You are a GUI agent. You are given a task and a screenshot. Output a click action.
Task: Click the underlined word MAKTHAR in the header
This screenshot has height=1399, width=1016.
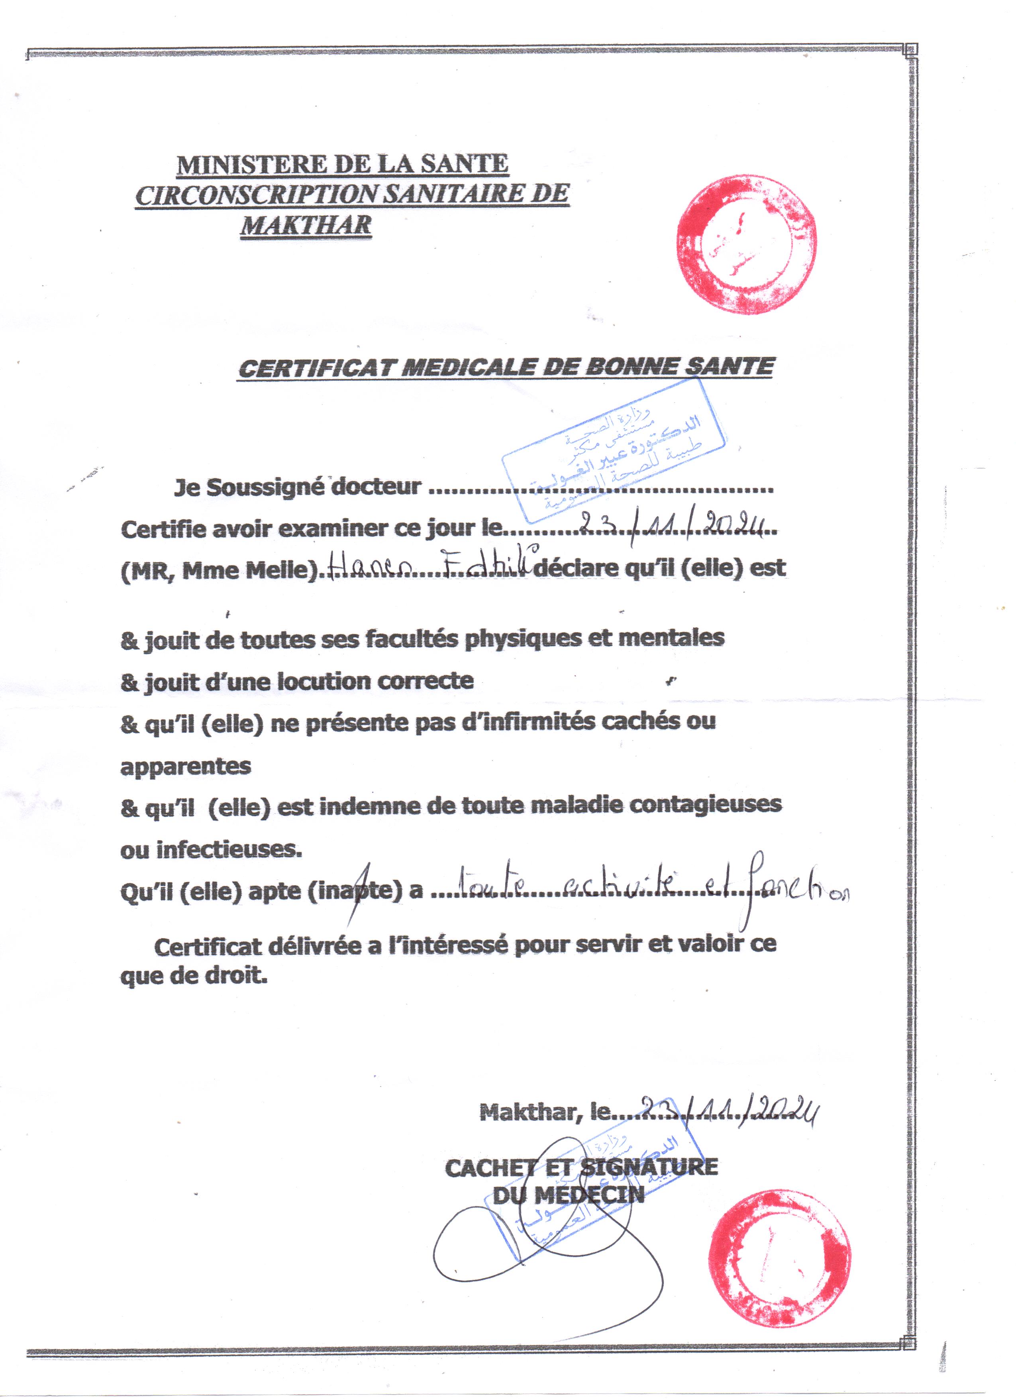(306, 225)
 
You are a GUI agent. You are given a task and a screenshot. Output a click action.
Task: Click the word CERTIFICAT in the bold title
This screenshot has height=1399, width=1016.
(316, 368)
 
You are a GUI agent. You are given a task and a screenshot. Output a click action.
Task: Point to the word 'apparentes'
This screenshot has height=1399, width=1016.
(186, 766)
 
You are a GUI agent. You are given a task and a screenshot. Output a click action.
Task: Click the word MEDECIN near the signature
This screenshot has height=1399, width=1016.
(589, 1195)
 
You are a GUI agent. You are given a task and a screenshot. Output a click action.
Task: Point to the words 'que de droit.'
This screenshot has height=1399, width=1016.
(194, 977)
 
